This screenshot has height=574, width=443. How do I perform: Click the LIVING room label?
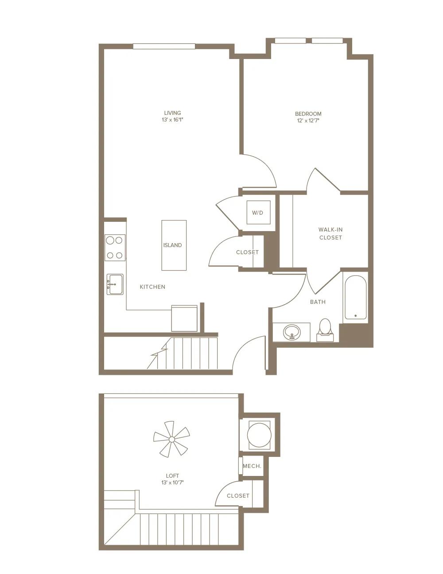[172, 113]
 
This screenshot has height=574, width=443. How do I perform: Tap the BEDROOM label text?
[308, 114]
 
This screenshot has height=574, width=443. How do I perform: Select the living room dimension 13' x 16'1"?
[172, 120]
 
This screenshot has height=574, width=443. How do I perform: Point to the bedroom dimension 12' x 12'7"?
[308, 121]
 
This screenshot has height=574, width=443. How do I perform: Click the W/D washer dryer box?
[258, 212]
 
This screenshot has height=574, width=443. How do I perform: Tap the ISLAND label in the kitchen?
[172, 245]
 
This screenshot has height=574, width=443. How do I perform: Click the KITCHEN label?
[152, 287]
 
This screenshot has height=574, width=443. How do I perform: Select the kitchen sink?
[115, 284]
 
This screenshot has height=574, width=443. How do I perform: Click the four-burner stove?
[115, 248]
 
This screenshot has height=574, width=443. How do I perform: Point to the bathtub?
[355, 297]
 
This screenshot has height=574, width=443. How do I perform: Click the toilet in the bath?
[325, 330]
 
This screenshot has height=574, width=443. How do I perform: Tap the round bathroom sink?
[291, 332]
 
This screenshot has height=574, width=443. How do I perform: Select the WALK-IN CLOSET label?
[330, 234]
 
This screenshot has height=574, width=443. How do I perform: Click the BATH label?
[318, 302]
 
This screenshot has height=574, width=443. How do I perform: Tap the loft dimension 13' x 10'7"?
[172, 483]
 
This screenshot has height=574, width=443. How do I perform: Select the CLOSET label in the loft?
[238, 496]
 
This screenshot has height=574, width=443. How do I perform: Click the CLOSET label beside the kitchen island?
[247, 252]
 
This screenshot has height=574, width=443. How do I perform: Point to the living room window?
[164, 47]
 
